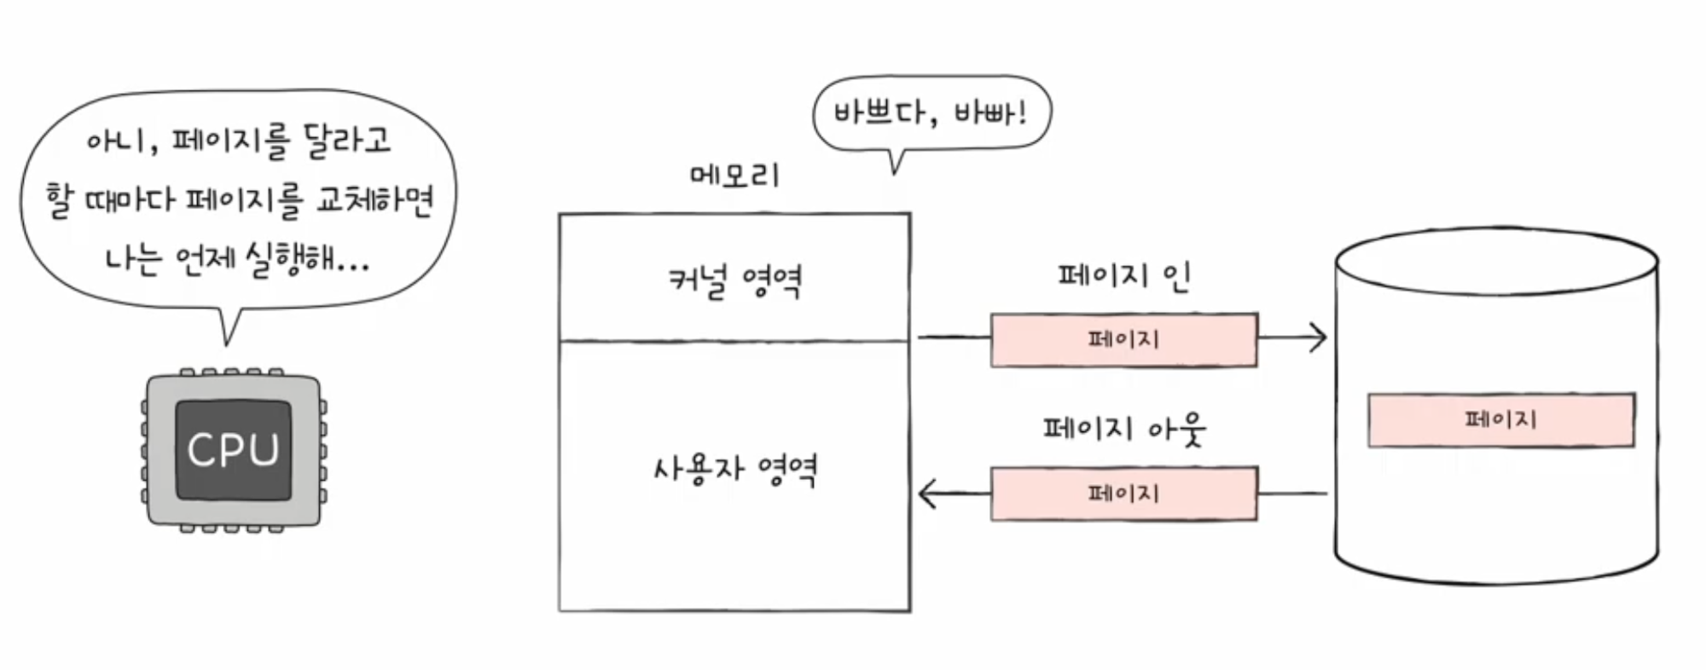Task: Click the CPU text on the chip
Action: point(233,449)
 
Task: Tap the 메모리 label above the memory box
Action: point(734,176)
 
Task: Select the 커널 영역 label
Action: point(734,280)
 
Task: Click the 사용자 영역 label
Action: point(734,469)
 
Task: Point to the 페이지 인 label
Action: point(1123,276)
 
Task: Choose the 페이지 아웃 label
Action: point(1123,428)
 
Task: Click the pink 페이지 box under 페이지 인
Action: point(1123,339)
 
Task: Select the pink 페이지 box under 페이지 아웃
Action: point(1123,493)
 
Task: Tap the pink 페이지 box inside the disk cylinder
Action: point(1500,419)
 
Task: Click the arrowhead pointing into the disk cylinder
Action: point(1319,338)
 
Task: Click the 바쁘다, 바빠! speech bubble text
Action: point(930,113)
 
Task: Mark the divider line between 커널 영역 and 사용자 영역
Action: point(734,341)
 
